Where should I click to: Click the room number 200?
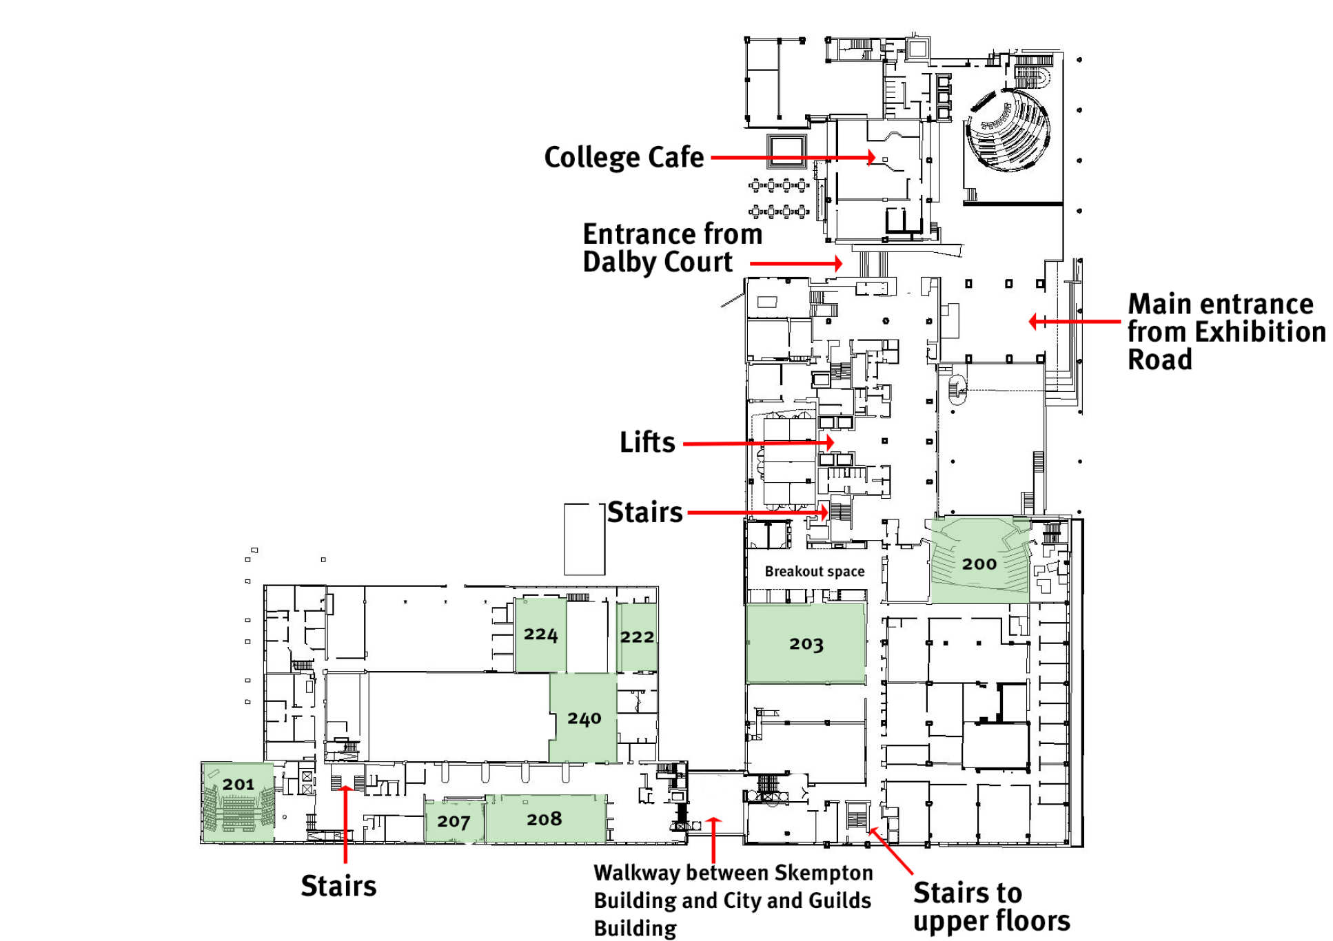click(x=979, y=564)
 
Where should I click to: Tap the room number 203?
click(x=806, y=644)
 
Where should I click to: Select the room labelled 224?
click(x=540, y=634)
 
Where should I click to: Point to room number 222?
click(x=637, y=637)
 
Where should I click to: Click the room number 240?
click(x=584, y=719)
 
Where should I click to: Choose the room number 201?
click(x=238, y=785)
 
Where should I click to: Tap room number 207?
click(x=453, y=821)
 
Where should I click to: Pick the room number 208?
click(x=544, y=819)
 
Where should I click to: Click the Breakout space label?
click(x=814, y=572)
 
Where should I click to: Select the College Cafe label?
click(x=624, y=158)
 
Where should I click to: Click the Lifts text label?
click(x=647, y=442)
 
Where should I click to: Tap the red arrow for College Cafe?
click(x=793, y=158)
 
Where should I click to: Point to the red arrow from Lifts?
click(x=758, y=443)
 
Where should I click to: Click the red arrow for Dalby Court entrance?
click(x=796, y=263)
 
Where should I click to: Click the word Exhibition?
click(x=1260, y=332)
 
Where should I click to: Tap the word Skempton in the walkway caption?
click(x=823, y=873)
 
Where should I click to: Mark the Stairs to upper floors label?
click(x=990, y=907)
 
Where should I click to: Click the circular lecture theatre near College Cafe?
click(x=1008, y=130)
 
